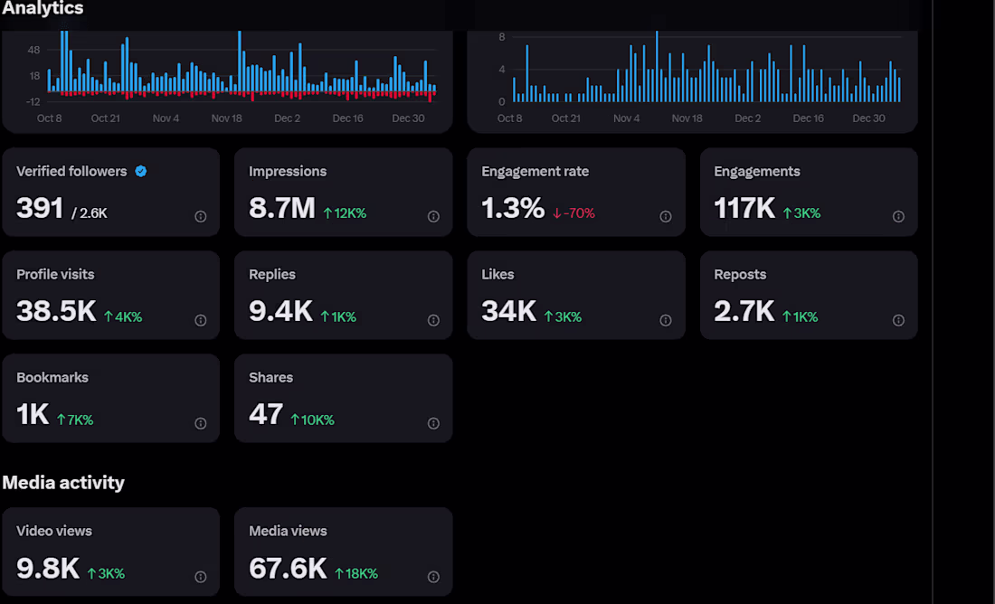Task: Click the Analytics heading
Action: (43, 8)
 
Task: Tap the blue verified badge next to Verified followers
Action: (141, 171)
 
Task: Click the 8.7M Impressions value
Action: (281, 209)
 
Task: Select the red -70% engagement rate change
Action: (573, 213)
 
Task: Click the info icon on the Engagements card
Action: (898, 216)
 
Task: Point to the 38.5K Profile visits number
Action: (56, 312)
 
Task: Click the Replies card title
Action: (272, 274)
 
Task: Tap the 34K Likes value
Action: (509, 312)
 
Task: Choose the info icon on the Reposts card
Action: (898, 320)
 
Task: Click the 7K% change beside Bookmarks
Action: (75, 420)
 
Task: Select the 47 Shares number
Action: (266, 415)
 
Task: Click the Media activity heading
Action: (63, 483)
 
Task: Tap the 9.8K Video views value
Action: (48, 569)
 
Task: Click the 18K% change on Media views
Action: (356, 573)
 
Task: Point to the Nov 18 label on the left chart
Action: (227, 118)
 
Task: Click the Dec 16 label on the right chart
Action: (808, 118)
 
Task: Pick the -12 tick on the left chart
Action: (33, 101)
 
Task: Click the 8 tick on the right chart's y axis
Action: (501, 37)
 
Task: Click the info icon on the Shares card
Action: (433, 423)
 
